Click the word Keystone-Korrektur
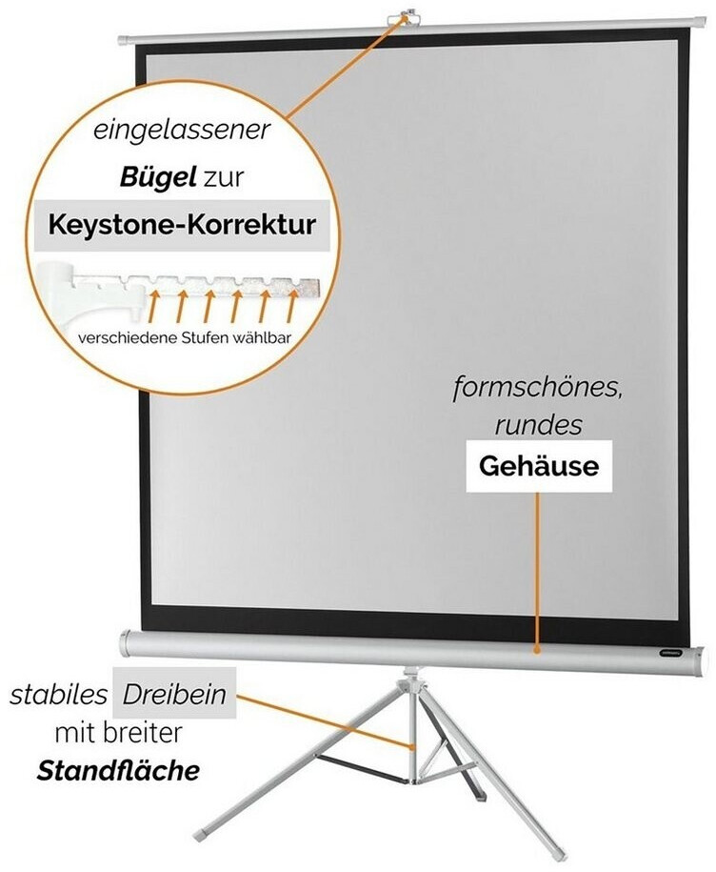182,227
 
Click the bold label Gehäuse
538,467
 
